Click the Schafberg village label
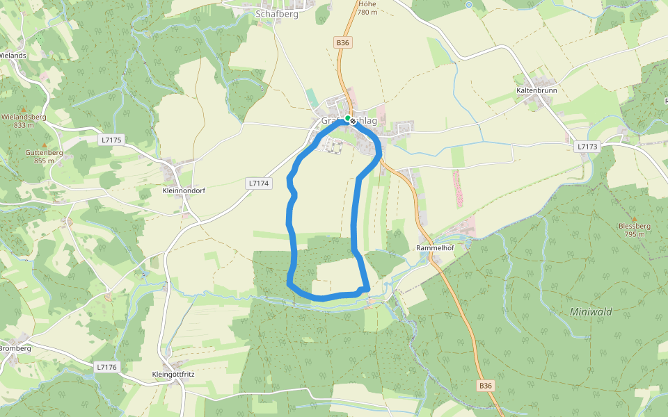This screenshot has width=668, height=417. pyautogui.click(x=276, y=13)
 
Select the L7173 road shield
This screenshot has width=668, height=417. pyautogui.click(x=587, y=147)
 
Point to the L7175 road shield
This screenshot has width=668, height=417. pyautogui.click(x=111, y=140)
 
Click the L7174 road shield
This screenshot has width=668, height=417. pyautogui.click(x=257, y=183)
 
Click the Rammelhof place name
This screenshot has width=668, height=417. pyautogui.click(x=435, y=247)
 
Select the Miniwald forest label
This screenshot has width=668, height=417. pyautogui.click(x=591, y=312)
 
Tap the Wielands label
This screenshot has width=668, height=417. pyautogui.click(x=13, y=55)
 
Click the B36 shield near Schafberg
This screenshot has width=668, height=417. pyautogui.click(x=342, y=42)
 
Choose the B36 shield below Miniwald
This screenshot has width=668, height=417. pyautogui.click(x=485, y=385)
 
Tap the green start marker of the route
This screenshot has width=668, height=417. pyautogui.click(x=347, y=119)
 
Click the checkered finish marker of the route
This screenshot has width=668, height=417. pyautogui.click(x=353, y=122)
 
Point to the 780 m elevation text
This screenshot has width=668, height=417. pyautogui.click(x=367, y=13)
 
